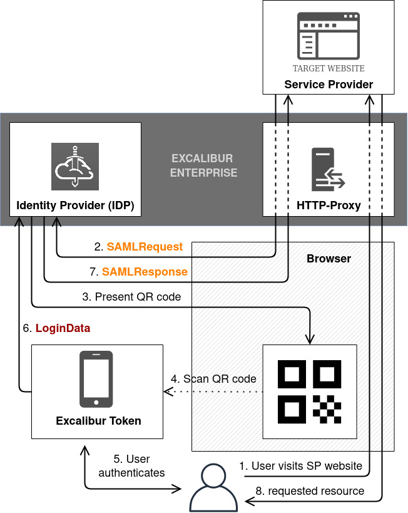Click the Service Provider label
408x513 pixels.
[329, 85]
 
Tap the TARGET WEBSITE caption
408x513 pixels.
[329, 68]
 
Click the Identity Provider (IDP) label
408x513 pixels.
[75, 205]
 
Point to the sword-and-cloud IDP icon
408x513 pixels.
[75, 166]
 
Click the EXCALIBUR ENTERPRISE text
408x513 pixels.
[204, 165]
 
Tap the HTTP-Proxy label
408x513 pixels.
[329, 205]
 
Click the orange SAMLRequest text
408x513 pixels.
[145, 247]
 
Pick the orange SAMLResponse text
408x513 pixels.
[145, 272]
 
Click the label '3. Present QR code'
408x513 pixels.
[131, 297]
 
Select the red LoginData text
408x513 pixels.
[63, 328]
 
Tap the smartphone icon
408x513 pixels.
[96, 379]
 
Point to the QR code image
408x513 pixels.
[310, 391]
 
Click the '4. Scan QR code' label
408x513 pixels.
[213, 379]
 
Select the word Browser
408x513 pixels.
[329, 259]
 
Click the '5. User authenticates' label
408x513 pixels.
[131, 467]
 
